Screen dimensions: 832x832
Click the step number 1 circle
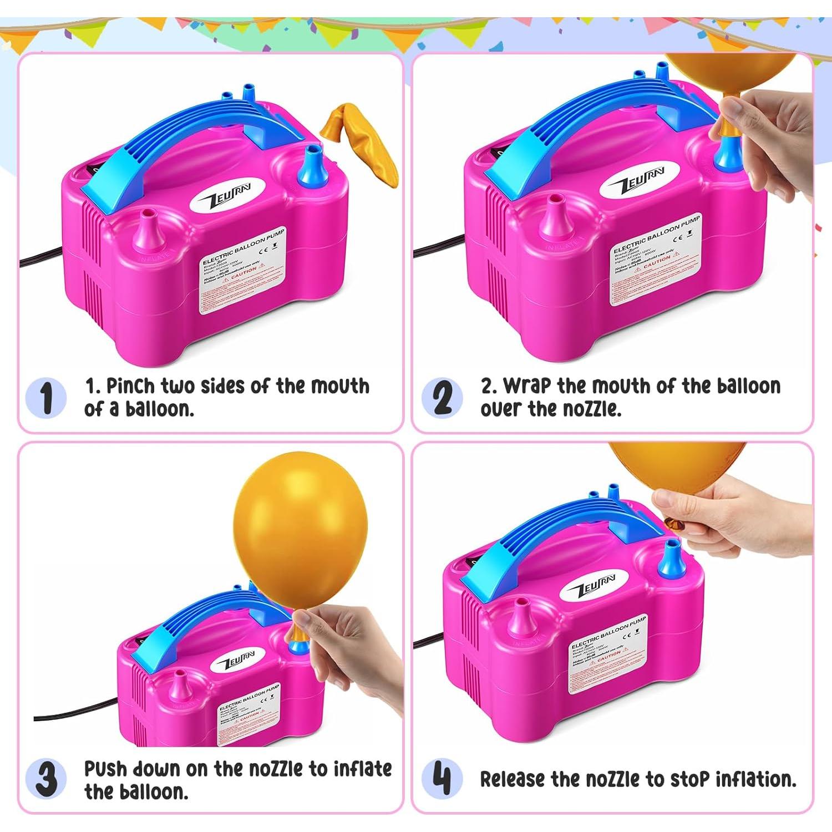click(46, 398)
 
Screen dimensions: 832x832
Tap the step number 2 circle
click(442, 398)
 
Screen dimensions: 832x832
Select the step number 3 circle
click(46, 779)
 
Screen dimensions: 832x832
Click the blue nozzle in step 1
click(313, 166)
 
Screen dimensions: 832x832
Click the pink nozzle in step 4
click(521, 618)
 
